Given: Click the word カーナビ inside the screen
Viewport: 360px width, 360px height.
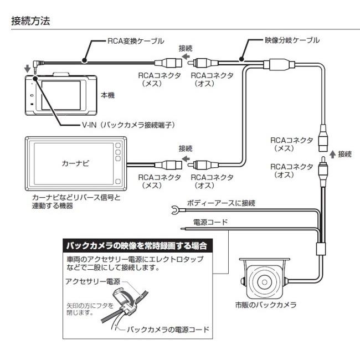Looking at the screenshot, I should pyautogui.click(x=74, y=164).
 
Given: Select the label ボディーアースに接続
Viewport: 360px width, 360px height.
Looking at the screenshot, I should pyautogui.click(x=221, y=203).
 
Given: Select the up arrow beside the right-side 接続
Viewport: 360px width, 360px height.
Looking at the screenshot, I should pyautogui.click(x=332, y=153).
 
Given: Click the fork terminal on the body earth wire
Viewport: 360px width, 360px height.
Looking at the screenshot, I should pyautogui.click(x=176, y=210).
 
